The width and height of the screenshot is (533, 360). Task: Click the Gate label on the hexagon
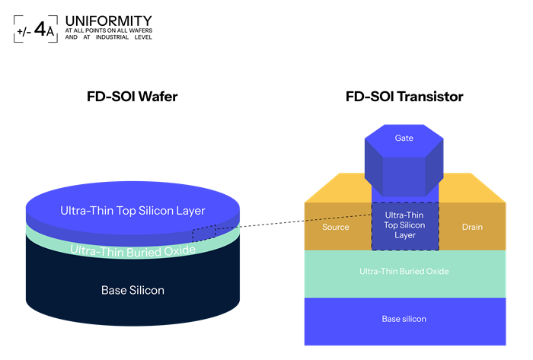point(404,138)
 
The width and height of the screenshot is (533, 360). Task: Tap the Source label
point(336,227)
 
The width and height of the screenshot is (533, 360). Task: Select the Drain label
point(472,227)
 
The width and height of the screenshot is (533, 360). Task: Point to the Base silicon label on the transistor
point(404,318)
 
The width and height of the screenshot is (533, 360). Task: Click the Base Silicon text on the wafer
point(132,290)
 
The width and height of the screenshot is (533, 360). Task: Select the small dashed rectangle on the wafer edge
point(203,234)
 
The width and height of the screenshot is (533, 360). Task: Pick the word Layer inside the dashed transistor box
point(404,235)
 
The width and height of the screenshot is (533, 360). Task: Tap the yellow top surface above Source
point(339,187)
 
